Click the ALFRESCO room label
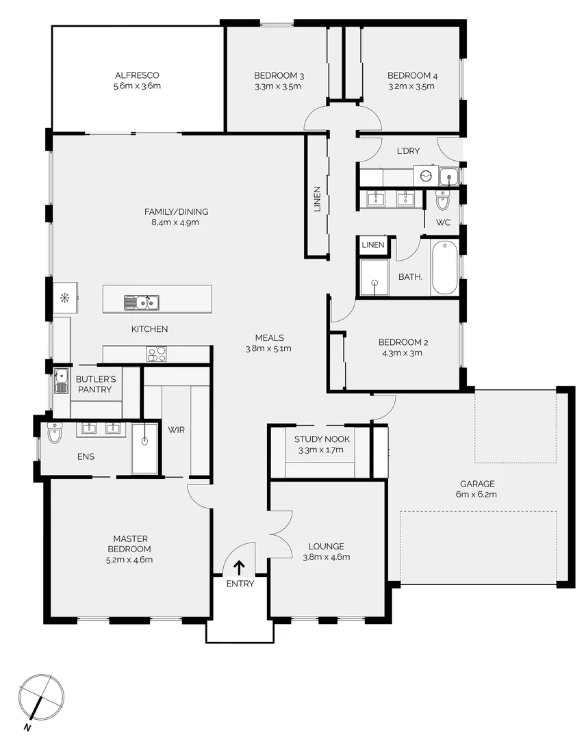[x=137, y=75]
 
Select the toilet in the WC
[x=442, y=200]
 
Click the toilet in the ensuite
[x=54, y=433]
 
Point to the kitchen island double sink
[x=142, y=302]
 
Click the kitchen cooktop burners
[x=157, y=354]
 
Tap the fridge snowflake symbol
[x=64, y=298]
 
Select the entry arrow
[x=239, y=567]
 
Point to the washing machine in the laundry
[x=426, y=176]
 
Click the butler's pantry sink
[x=61, y=380]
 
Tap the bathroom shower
[x=374, y=278]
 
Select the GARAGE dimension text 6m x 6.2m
[x=478, y=493]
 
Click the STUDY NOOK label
[x=322, y=439]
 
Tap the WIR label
[x=176, y=430]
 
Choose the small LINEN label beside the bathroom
[x=372, y=244]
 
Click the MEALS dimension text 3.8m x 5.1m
[x=269, y=348]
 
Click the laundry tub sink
[x=449, y=177]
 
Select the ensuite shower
[x=144, y=448]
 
